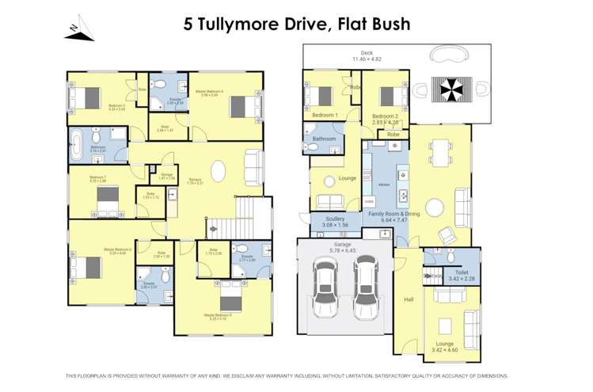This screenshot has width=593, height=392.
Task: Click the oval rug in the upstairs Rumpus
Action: tap(217, 173)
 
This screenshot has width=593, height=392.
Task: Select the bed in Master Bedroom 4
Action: tap(243, 105)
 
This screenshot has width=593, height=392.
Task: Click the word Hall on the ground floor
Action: tap(409, 299)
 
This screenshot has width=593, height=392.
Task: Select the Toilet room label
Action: tap(462, 271)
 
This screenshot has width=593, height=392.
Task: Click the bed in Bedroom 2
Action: tap(387, 97)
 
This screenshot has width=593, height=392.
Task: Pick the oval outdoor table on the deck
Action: tap(449, 55)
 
